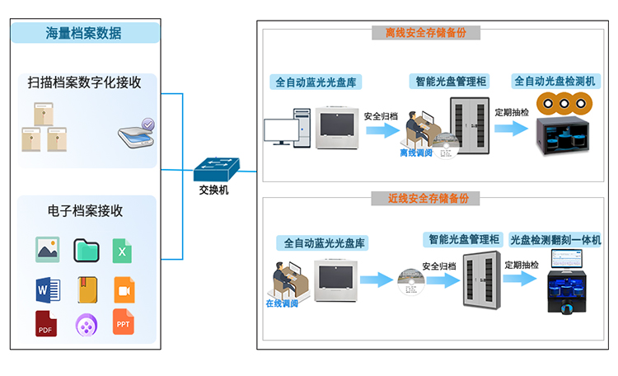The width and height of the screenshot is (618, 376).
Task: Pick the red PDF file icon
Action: [x=47, y=323]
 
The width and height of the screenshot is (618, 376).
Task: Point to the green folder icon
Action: [x=86, y=250]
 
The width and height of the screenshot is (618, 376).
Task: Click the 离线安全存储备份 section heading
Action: [x=425, y=33]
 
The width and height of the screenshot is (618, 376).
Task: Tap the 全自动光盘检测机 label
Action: [x=555, y=82]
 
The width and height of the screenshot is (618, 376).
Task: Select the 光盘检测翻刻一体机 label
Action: [x=555, y=240]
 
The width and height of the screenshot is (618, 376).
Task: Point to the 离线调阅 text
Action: [x=416, y=153]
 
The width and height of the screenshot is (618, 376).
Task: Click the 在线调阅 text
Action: [x=283, y=303]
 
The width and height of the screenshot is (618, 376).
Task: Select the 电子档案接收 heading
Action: [x=85, y=210]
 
